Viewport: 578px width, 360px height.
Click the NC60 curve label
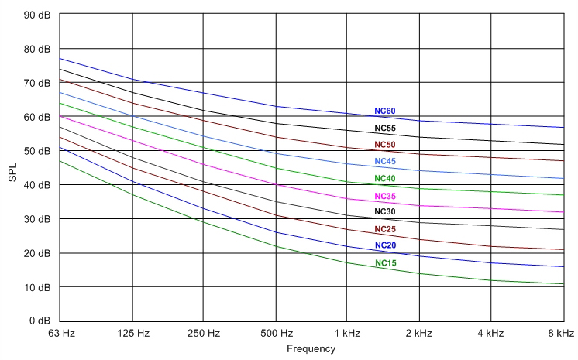[385, 111]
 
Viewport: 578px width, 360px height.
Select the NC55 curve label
[385, 128]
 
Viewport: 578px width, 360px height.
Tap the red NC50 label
[385, 145]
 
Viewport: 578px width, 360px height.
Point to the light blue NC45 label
[385, 161]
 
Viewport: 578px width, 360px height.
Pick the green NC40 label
[385, 179]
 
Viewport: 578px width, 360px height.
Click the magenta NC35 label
[385, 196]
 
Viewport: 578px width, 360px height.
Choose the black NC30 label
[385, 212]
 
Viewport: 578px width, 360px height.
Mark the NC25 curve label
[385, 229]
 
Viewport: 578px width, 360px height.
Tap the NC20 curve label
[385, 245]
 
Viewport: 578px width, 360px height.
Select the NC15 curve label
[385, 263]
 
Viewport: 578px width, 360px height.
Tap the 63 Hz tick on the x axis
[60, 334]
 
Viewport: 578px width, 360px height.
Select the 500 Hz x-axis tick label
[275, 334]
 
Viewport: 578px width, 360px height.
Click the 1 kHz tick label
[346, 334]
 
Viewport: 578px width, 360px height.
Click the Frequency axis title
[311, 349]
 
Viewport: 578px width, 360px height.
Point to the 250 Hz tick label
[203, 334]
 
